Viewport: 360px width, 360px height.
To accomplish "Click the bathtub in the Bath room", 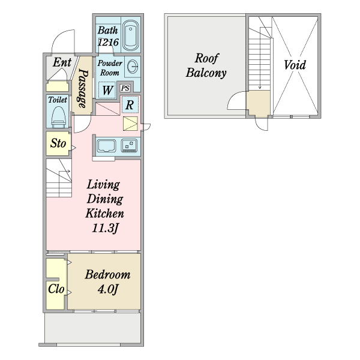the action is [130, 35].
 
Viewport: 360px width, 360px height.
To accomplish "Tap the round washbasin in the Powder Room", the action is [133, 67].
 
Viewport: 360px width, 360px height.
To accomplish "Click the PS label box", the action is [125, 88].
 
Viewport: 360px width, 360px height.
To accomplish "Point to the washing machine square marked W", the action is [107, 90].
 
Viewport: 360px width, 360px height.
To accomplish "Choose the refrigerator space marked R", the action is [130, 104].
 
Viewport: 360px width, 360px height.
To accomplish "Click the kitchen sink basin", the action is [106, 146].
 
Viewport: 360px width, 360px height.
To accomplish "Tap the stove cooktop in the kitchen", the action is [129, 146].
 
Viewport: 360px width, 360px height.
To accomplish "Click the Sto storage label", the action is [58, 143].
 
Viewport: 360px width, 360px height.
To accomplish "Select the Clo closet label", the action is [56, 289].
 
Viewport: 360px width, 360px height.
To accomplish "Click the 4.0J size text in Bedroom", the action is [107, 289].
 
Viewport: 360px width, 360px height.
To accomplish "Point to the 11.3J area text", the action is [105, 228].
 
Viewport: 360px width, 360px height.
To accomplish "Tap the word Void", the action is [295, 65].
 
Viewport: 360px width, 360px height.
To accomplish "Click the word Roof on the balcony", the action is [206, 58].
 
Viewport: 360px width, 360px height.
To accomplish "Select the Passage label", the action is [83, 88].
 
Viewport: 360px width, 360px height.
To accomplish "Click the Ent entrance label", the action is [62, 62].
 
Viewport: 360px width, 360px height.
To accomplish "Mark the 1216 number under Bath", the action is [108, 42].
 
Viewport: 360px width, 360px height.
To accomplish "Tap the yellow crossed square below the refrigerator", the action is [130, 124].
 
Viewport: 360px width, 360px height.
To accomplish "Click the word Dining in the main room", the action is [105, 199].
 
